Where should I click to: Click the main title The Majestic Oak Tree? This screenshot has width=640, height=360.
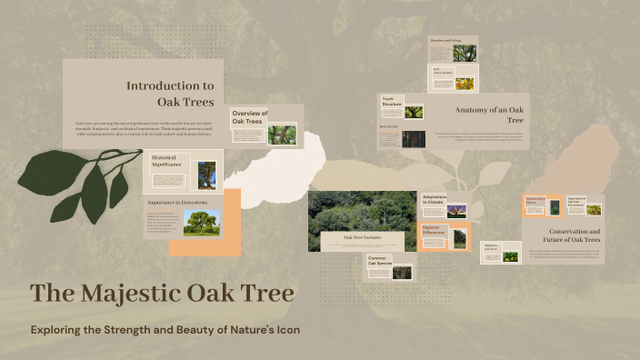pyautogui.click(x=162, y=294)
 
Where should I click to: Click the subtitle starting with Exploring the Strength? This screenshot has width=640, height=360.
pyautogui.click(x=165, y=329)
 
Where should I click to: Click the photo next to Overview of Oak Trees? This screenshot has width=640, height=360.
pyautogui.click(x=281, y=135)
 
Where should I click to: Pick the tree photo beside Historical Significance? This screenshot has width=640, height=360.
pyautogui.click(x=206, y=175)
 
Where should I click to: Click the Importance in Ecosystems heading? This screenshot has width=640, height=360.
pyautogui.click(x=177, y=201)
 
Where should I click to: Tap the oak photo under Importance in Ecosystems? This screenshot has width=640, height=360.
pyautogui.click(x=201, y=223)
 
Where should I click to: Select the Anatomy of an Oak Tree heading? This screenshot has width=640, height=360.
pyautogui.click(x=490, y=114)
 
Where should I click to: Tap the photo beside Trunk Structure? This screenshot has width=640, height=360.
pyautogui.click(x=414, y=112)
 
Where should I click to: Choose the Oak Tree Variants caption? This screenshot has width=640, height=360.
pyautogui.click(x=361, y=238)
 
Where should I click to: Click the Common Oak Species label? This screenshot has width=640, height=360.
pyautogui.click(x=379, y=262)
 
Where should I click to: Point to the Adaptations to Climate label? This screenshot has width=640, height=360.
pyautogui.click(x=435, y=199)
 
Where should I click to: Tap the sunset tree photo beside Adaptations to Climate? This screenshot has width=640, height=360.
pyautogui.click(x=457, y=210)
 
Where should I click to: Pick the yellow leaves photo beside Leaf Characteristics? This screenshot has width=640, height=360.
pyautogui.click(x=464, y=84)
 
